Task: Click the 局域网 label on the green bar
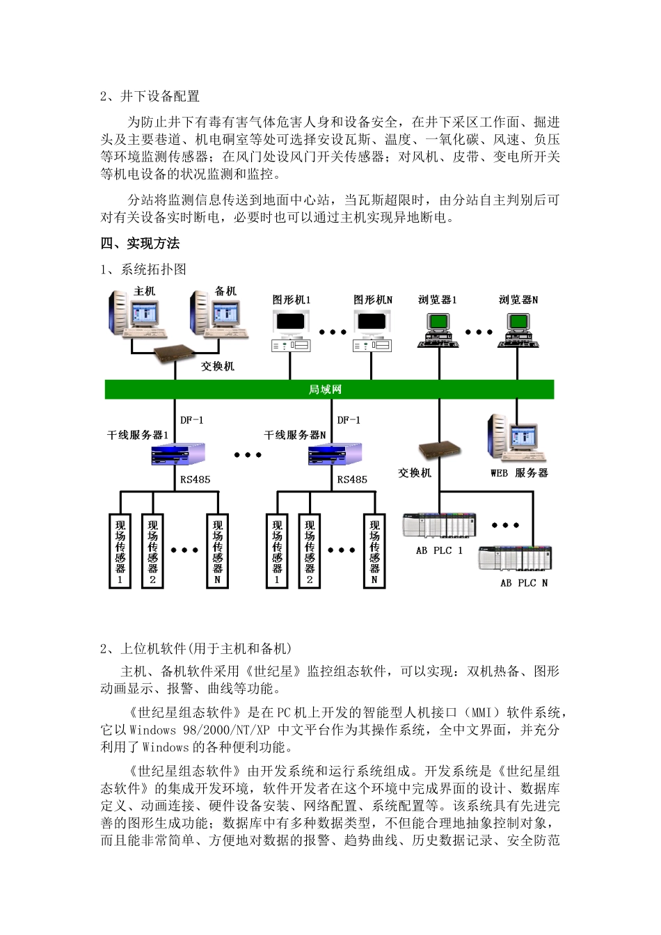point(325,390)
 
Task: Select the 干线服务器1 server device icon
point(178,455)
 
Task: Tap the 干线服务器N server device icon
point(335,455)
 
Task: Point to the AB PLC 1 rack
point(439,526)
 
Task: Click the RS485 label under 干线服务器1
point(195,479)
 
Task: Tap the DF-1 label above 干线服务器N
point(349,419)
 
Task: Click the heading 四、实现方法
point(140,243)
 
